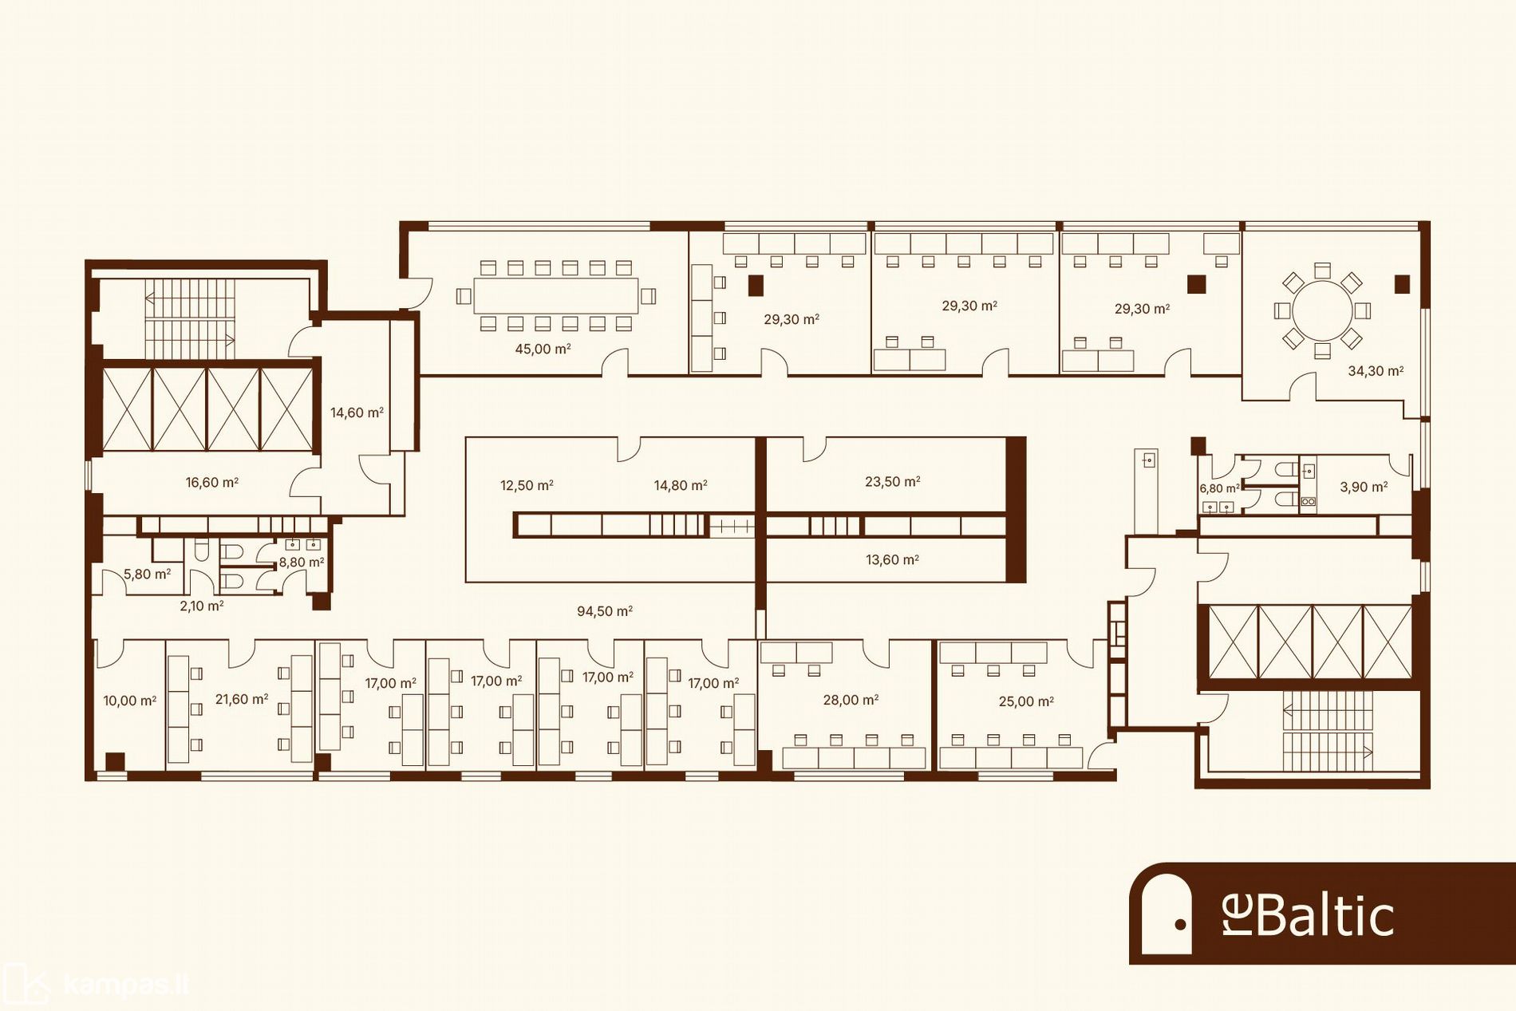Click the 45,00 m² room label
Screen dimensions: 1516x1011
pos(543,349)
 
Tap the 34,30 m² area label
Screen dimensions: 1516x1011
pos(1376,371)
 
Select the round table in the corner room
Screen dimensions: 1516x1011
pos(1322,310)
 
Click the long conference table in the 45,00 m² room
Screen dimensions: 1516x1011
pos(556,296)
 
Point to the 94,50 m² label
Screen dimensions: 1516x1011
pos(605,611)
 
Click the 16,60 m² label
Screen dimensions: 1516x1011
pos(212,483)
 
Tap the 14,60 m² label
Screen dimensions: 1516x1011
pos(357,413)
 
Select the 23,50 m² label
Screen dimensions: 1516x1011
pos(893,482)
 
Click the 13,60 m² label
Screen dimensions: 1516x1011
pos(893,560)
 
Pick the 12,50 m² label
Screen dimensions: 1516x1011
pos(527,485)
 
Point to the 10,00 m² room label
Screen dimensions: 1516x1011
pos(130,701)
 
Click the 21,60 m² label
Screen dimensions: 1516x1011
pos(242,700)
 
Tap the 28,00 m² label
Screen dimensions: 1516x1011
pos(851,701)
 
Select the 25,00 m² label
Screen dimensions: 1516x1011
pos(1027,702)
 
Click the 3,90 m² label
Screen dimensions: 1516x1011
pos(1364,487)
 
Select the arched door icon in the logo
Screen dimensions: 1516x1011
pos(1167,914)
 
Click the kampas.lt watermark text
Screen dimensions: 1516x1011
pos(126,986)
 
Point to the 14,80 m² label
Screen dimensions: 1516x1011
pos(681,485)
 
